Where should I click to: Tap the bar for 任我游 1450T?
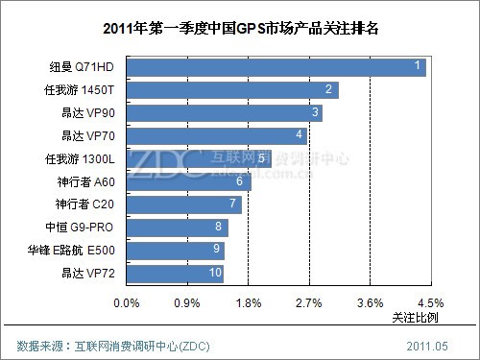(231, 90)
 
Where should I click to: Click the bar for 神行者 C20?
(183, 204)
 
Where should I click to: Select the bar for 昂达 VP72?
(175, 274)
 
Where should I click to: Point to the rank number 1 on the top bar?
(417, 66)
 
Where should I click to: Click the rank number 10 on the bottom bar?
(215, 274)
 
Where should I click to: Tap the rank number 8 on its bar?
(220, 228)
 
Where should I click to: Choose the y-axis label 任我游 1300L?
(83, 158)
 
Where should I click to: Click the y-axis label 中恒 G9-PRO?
(83, 228)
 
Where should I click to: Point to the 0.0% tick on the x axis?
(127, 302)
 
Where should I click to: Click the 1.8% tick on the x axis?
(248, 302)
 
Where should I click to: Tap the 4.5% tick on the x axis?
(430, 302)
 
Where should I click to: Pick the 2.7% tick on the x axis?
(309, 302)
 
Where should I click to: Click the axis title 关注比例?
(415, 317)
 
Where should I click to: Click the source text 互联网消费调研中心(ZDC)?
(143, 345)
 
